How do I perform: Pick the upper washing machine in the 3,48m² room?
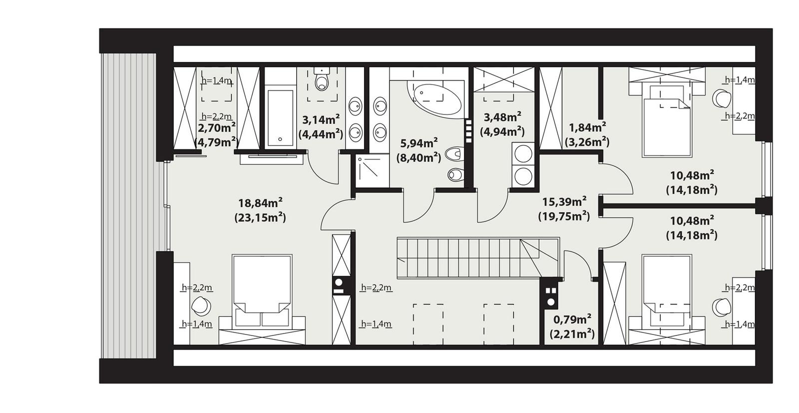[x=523, y=153]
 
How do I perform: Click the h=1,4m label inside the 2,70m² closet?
[x=216, y=80]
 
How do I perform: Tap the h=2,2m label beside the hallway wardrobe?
[x=376, y=287]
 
